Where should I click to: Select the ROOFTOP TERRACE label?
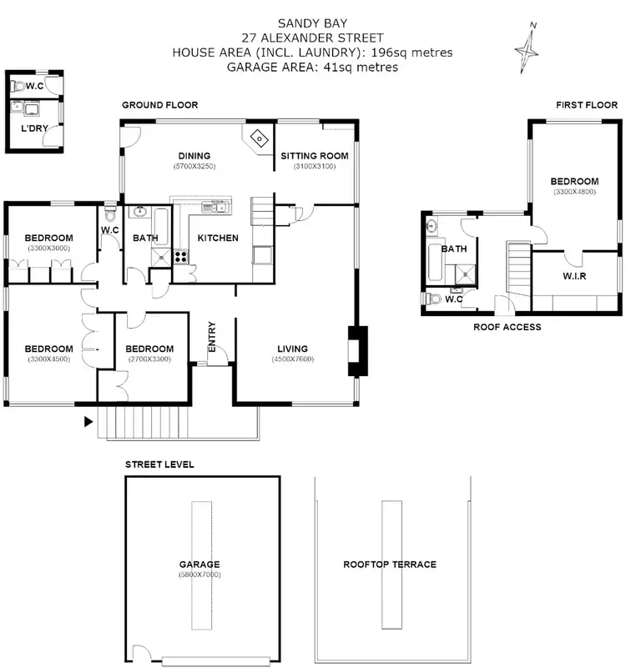[390, 565]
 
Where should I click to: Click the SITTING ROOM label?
[314, 156]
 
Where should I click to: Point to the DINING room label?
[194, 156]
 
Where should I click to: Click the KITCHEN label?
[217, 239]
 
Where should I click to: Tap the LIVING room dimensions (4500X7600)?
[292, 359]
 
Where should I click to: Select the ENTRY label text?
[212, 343]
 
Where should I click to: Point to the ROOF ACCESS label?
[507, 327]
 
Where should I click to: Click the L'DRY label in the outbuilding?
[34, 128]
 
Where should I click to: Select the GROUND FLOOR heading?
[159, 105]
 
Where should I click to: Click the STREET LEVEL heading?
[159, 465]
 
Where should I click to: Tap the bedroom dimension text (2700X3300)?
[149, 359]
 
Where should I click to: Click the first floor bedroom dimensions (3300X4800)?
[575, 192]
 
